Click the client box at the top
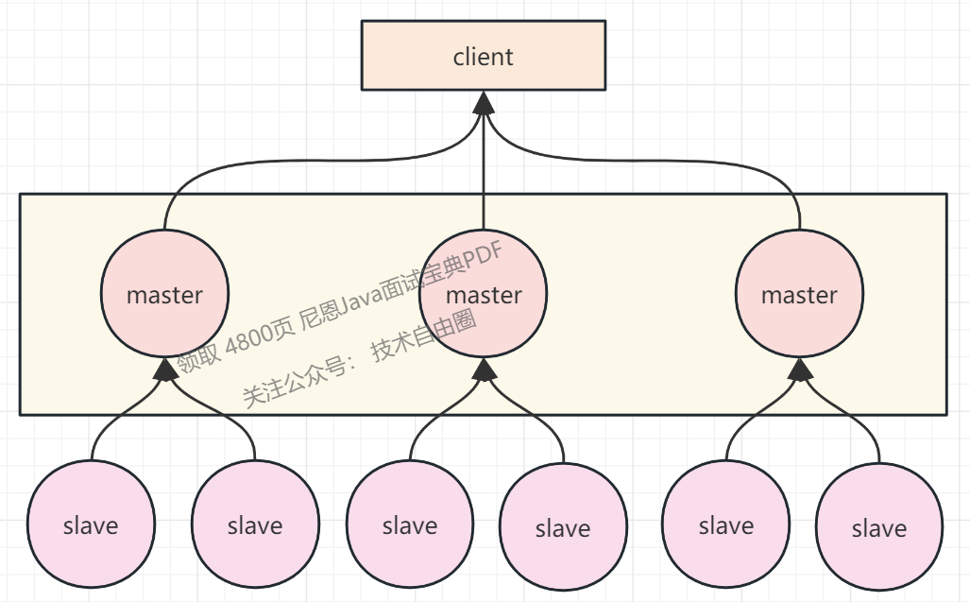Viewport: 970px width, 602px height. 483,56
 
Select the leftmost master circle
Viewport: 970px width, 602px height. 165,293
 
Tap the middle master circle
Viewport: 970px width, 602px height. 484,293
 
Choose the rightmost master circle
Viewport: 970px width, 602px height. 799,293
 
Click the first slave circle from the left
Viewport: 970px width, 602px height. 91,525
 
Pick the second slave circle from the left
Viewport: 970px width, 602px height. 255,525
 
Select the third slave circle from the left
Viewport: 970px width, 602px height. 409,525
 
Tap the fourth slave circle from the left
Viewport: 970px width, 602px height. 563,527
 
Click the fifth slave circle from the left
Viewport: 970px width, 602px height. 725,525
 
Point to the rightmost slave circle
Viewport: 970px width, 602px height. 879,527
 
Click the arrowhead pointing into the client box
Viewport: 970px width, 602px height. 484,102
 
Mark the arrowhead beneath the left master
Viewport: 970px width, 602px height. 165,369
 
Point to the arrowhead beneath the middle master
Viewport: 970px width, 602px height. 484,369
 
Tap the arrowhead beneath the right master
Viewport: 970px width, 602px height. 799,369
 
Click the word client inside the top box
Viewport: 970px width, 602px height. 483,57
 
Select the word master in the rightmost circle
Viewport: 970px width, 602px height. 799,295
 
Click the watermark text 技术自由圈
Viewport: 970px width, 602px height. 424,335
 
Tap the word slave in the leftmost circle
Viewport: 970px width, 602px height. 91,525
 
